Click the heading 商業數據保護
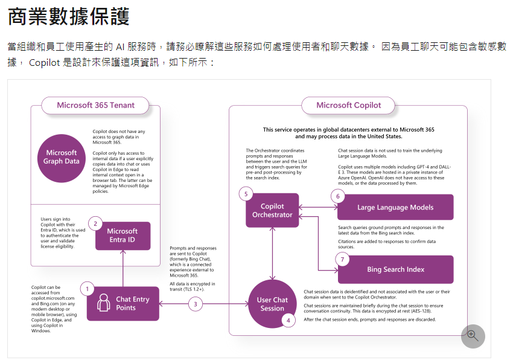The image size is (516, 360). tap(69, 16)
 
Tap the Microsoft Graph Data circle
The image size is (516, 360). tap(62, 157)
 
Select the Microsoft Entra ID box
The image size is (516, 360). tap(123, 236)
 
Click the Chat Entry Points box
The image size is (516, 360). tap(123, 303)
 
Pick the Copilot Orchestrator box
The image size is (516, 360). tap(272, 210)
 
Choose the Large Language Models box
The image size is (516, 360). tap(395, 207)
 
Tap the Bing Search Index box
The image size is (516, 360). tap(395, 269)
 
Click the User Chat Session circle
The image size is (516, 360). tap(272, 304)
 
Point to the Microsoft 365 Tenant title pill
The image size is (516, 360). tap(95, 105)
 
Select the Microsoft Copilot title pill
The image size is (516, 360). tap(349, 105)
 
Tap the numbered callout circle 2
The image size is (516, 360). tap(95, 223)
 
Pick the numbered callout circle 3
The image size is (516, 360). tap(196, 304)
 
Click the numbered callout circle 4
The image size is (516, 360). tap(288, 320)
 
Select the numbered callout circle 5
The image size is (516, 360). tap(245, 194)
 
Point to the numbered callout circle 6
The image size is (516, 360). tap(338, 196)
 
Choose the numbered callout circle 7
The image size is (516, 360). tap(342, 260)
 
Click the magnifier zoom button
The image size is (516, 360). tap(473, 336)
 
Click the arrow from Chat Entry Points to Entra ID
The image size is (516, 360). tap(123, 268)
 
